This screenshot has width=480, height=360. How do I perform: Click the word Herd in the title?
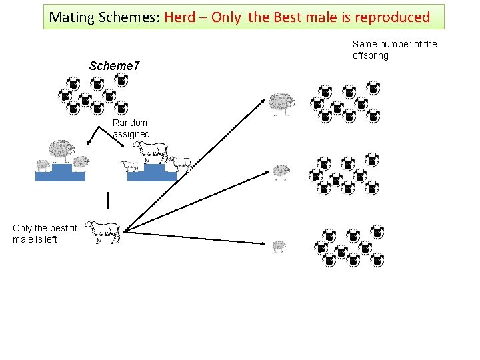pyautogui.click(x=181, y=17)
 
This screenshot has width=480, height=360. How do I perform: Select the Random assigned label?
pyautogui.click(x=131, y=129)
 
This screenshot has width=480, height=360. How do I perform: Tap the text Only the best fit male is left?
pyautogui.click(x=45, y=234)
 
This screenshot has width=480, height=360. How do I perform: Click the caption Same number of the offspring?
pyautogui.click(x=395, y=49)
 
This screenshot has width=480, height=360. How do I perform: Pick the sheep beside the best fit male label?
pyautogui.click(x=101, y=230)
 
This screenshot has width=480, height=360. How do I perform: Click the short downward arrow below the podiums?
pyautogui.click(x=107, y=200)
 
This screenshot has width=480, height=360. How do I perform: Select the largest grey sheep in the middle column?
pyautogui.click(x=282, y=103)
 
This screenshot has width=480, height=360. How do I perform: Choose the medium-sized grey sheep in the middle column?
pyautogui.click(x=281, y=171)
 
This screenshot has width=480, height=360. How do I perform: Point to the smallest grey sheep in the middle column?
pyautogui.click(x=279, y=246)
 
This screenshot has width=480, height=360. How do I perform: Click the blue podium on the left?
pyautogui.click(x=61, y=173)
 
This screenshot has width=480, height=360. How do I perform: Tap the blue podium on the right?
pyautogui.click(x=152, y=173)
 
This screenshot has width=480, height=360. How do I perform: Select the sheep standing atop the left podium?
pyautogui.click(x=62, y=150)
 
